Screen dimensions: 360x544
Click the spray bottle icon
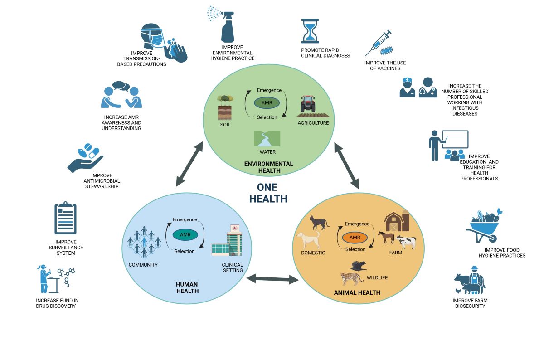click(227, 27)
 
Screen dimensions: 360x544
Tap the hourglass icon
click(310, 31)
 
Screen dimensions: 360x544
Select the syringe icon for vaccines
click(379, 44)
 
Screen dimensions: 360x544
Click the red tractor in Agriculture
click(308, 105)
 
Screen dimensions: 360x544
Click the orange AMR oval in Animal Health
click(355, 237)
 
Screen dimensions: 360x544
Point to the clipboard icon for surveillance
click(65, 219)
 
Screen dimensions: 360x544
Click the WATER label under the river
click(267, 152)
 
